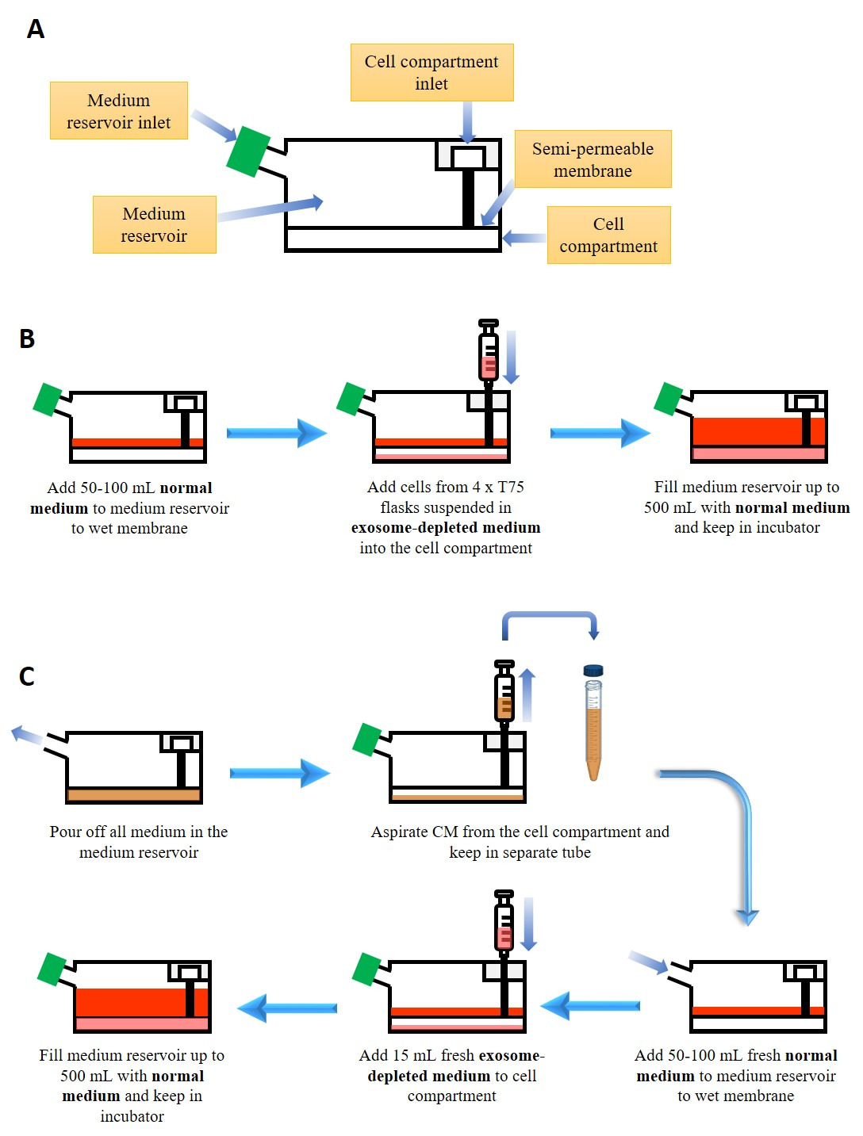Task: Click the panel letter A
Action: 36,29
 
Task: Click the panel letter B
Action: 27,339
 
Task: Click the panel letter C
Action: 27,676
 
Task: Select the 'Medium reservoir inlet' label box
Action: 119,111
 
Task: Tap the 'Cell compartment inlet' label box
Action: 431,73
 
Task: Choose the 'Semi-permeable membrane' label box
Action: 593,159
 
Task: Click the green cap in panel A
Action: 248,151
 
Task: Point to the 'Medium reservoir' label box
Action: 154,225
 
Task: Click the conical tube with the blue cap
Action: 593,721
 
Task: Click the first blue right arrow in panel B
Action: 276,433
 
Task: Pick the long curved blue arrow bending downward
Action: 730,824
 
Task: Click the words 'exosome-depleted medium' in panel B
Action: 446,528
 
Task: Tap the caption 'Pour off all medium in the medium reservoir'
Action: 139,842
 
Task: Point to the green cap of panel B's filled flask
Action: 669,399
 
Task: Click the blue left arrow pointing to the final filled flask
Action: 287,1008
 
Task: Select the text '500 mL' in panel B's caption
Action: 669,507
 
